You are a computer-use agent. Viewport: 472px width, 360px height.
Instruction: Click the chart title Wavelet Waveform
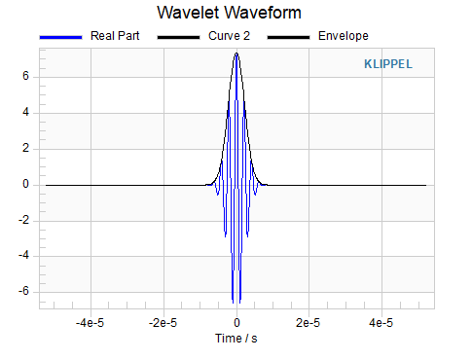click(229, 13)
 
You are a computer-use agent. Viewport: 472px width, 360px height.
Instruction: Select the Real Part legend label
click(115, 36)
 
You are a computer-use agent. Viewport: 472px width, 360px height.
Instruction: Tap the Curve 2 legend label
click(229, 36)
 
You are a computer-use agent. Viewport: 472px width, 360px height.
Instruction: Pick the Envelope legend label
click(344, 36)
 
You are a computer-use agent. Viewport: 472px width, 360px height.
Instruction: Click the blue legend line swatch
click(60, 37)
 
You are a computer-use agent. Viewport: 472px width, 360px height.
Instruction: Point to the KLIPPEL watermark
click(388, 64)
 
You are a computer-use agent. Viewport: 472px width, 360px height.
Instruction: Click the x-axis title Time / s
click(236, 339)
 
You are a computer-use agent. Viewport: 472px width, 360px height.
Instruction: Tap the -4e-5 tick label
click(90, 323)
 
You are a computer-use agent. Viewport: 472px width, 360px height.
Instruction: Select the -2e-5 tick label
click(163, 323)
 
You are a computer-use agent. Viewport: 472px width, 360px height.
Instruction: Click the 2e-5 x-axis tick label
click(308, 323)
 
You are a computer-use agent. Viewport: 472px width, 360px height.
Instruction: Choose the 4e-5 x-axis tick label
click(381, 323)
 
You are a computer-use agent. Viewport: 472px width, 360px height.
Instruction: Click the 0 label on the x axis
click(236, 323)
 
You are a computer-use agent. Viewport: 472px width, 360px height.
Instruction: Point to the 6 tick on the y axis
click(25, 76)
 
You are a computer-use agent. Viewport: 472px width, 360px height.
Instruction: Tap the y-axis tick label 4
click(25, 112)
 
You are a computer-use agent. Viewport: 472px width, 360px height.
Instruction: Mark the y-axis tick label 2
click(25, 148)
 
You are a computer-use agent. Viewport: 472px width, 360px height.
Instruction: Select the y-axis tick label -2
click(23, 220)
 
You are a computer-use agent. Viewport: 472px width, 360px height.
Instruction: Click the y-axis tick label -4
click(23, 255)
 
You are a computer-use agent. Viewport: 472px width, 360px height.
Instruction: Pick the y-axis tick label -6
click(23, 291)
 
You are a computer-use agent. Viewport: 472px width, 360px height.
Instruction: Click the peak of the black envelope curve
click(236, 53)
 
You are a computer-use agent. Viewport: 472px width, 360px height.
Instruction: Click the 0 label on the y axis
click(25, 184)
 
